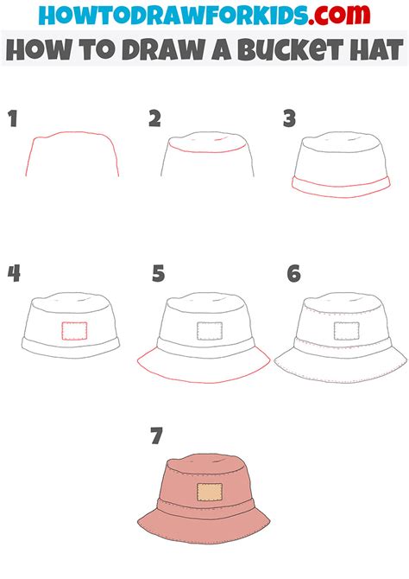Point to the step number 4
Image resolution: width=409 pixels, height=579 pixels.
click(x=14, y=274)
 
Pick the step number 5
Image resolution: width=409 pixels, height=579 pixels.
click(x=157, y=274)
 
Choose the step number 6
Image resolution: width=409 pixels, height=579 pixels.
click(x=294, y=274)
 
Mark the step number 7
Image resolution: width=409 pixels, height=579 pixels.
click(x=156, y=436)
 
